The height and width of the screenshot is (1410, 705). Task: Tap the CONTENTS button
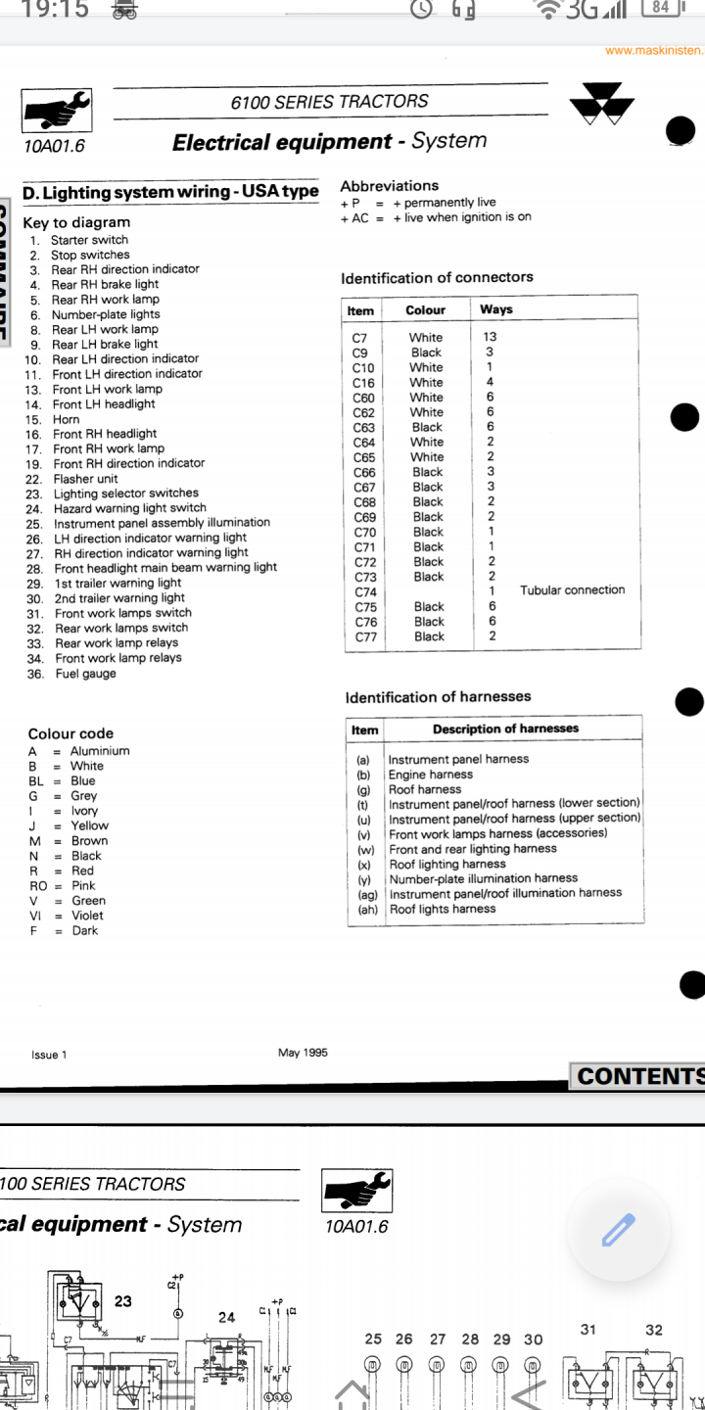click(639, 1076)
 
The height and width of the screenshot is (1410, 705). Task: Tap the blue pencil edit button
click(619, 1229)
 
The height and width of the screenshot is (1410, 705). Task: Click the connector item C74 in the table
click(364, 591)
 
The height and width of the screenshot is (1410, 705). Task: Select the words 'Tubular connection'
click(572, 590)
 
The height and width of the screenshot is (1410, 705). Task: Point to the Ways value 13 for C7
click(490, 337)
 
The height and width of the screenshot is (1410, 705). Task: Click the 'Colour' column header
click(425, 310)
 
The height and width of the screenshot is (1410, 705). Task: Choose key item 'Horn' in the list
click(67, 419)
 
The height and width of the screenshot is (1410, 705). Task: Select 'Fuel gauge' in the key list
click(85, 674)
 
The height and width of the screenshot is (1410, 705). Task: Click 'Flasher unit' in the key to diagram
click(85, 479)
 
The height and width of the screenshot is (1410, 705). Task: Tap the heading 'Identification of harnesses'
click(438, 697)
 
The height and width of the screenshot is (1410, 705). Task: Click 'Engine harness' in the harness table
click(430, 775)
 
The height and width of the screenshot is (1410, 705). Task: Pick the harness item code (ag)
click(367, 893)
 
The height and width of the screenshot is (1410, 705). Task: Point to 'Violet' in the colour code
click(87, 916)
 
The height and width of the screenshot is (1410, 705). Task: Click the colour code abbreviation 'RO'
click(37, 885)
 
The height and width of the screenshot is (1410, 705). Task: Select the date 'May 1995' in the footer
click(303, 1053)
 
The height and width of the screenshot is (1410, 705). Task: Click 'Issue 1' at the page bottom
click(49, 1055)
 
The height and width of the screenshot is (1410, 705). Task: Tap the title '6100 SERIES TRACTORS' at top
click(329, 102)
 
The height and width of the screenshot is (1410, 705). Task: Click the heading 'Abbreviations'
click(389, 186)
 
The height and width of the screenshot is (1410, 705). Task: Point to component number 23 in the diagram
click(123, 1301)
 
